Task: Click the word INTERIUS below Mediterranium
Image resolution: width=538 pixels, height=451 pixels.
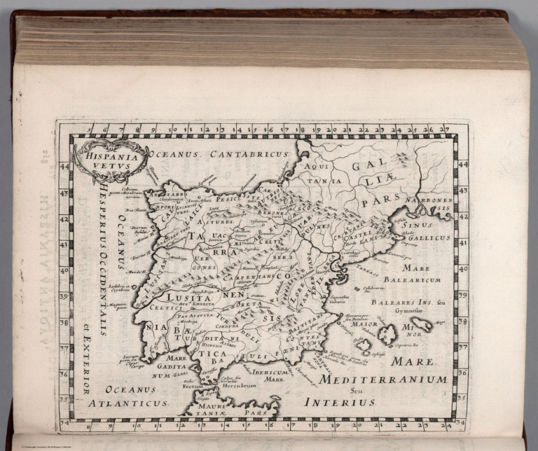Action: pyautogui.click(x=339, y=403)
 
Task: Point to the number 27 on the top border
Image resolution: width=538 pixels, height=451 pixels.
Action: pyautogui.click(x=444, y=130)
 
